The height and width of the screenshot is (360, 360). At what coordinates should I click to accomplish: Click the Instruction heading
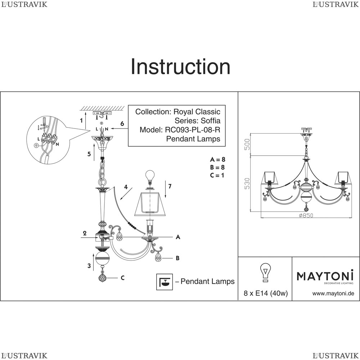pyautogui.click(x=180, y=67)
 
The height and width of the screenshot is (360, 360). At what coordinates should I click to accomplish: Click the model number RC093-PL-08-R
pyautogui.click(x=192, y=130)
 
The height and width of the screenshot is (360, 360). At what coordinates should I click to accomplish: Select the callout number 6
pyautogui.click(x=122, y=124)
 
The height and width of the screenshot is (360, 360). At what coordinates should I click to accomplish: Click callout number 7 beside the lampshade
pyautogui.click(x=170, y=186)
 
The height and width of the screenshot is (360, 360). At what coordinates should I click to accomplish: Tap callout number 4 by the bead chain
pyautogui.click(x=126, y=187)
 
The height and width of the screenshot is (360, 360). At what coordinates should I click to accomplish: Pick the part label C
pyautogui.click(x=123, y=278)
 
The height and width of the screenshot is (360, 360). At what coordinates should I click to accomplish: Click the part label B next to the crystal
pyautogui.click(x=177, y=258)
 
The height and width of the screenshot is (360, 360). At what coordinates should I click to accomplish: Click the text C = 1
pyautogui.click(x=217, y=175)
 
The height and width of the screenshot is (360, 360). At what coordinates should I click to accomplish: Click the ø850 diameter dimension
pyautogui.click(x=306, y=216)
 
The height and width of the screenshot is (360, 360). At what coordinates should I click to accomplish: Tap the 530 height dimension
pyautogui.click(x=247, y=183)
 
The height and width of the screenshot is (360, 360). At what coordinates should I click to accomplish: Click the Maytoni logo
pyautogui.click(x=325, y=276)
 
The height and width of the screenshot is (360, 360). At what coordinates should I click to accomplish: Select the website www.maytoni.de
pyautogui.click(x=333, y=293)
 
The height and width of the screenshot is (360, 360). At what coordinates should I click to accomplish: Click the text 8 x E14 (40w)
pyautogui.click(x=266, y=293)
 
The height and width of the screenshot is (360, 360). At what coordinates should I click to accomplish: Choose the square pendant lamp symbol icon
pyautogui.click(x=164, y=282)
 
